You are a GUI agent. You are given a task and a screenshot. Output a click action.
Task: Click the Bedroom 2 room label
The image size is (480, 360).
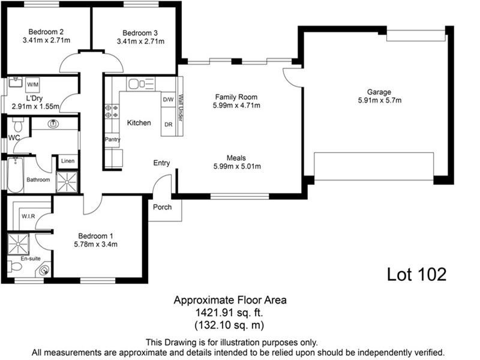47,32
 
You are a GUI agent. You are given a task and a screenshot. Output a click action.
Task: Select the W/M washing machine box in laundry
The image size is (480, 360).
32,85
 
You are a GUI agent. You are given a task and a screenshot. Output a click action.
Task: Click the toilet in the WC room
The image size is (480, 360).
17,125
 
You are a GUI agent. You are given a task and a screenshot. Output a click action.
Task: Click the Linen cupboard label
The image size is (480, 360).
67,161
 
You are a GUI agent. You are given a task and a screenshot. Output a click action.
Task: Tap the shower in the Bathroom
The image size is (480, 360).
67,181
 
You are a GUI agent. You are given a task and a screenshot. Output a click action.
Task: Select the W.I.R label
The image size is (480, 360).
28,216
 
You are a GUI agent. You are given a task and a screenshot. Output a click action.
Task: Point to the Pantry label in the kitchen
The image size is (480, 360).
112,140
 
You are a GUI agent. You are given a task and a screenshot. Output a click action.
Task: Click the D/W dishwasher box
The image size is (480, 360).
169,100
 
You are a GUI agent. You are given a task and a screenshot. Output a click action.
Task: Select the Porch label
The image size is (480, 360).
163,207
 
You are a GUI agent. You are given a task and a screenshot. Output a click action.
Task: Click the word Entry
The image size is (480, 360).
161,163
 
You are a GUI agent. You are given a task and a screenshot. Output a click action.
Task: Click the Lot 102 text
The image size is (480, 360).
416,274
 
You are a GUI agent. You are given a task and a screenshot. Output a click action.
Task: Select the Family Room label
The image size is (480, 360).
236,97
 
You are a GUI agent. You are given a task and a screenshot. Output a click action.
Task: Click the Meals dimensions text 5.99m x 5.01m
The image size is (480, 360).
236,167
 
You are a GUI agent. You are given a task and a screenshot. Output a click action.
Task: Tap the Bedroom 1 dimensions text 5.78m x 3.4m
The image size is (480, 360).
95,244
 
